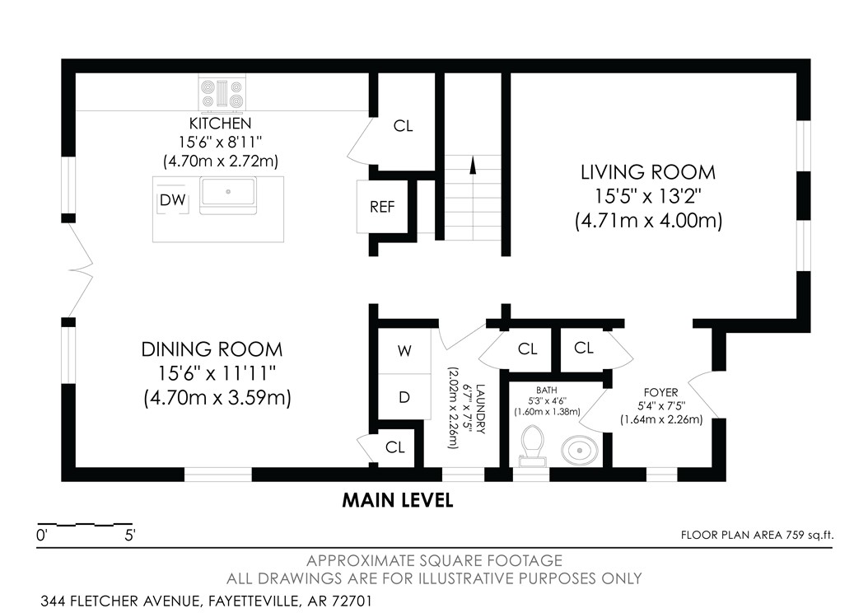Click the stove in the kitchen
pyautogui.click(x=223, y=92)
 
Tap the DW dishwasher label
pyautogui.click(x=172, y=199)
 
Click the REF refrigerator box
pyautogui.click(x=382, y=206)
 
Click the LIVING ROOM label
pyautogui.click(x=648, y=172)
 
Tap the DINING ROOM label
pyautogui.click(x=212, y=349)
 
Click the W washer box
pyautogui.click(x=404, y=350)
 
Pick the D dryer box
pyautogui.click(x=404, y=397)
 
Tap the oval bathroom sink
pyautogui.click(x=581, y=451)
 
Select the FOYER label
pyautogui.click(x=660, y=393)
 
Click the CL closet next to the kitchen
pyautogui.click(x=403, y=126)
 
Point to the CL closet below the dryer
pyautogui.click(x=395, y=447)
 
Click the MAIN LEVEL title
pyautogui.click(x=398, y=500)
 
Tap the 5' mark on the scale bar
pyautogui.click(x=130, y=535)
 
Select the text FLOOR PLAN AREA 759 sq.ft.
pyautogui.click(x=757, y=535)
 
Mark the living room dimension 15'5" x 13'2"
pyautogui.click(x=648, y=197)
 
